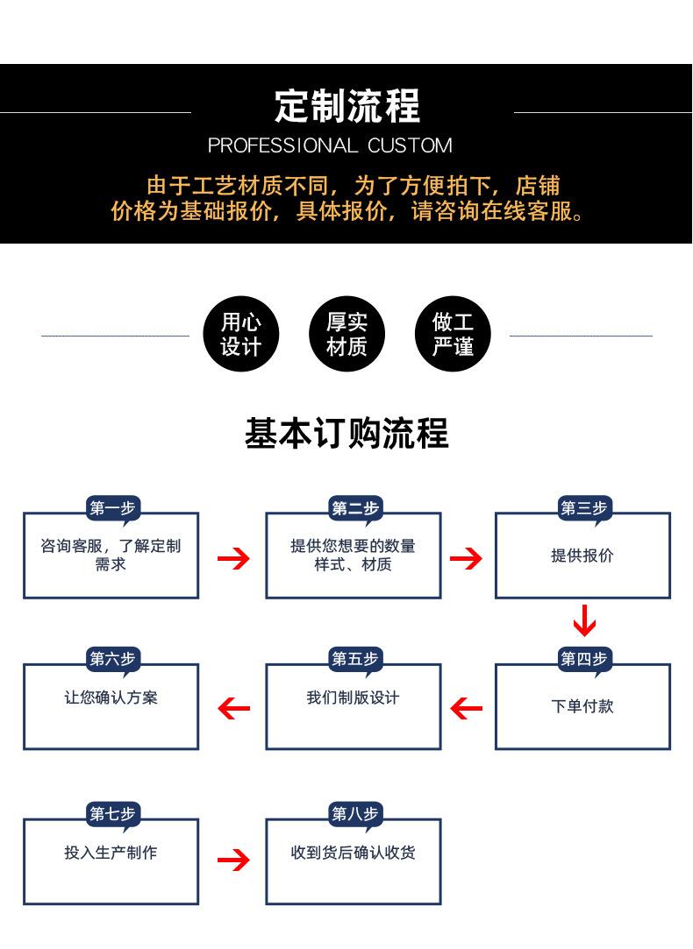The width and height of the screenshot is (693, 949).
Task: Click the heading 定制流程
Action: pyautogui.click(x=347, y=107)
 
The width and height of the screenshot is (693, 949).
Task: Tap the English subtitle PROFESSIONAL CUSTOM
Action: pyautogui.click(x=330, y=145)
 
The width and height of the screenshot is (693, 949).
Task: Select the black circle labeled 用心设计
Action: pyautogui.click(x=240, y=335)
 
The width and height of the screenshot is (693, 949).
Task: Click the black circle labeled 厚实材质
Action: pyautogui.click(x=346, y=335)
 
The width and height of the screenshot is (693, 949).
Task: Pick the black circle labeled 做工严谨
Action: pyautogui.click(x=453, y=335)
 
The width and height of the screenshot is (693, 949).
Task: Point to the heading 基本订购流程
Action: pyautogui.click(x=346, y=433)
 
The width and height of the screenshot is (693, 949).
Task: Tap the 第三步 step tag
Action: pyautogui.click(x=584, y=508)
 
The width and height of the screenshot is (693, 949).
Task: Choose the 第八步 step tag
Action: pyautogui.click(x=355, y=814)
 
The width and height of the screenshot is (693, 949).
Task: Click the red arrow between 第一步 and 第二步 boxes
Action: pyautogui.click(x=233, y=558)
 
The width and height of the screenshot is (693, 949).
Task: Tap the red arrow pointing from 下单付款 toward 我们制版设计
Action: pyautogui.click(x=467, y=707)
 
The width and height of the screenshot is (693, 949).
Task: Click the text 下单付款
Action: pyautogui.click(x=582, y=706)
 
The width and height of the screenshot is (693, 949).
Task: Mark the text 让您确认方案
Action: pyautogui.click(x=111, y=698)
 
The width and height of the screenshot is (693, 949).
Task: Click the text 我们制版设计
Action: pyautogui.click(x=353, y=698)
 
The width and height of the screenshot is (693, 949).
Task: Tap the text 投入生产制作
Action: pyautogui.click(x=111, y=853)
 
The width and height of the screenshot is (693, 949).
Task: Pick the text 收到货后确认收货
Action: pyautogui.click(x=353, y=853)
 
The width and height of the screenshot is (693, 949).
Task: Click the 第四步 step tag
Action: pyautogui.click(x=584, y=659)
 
